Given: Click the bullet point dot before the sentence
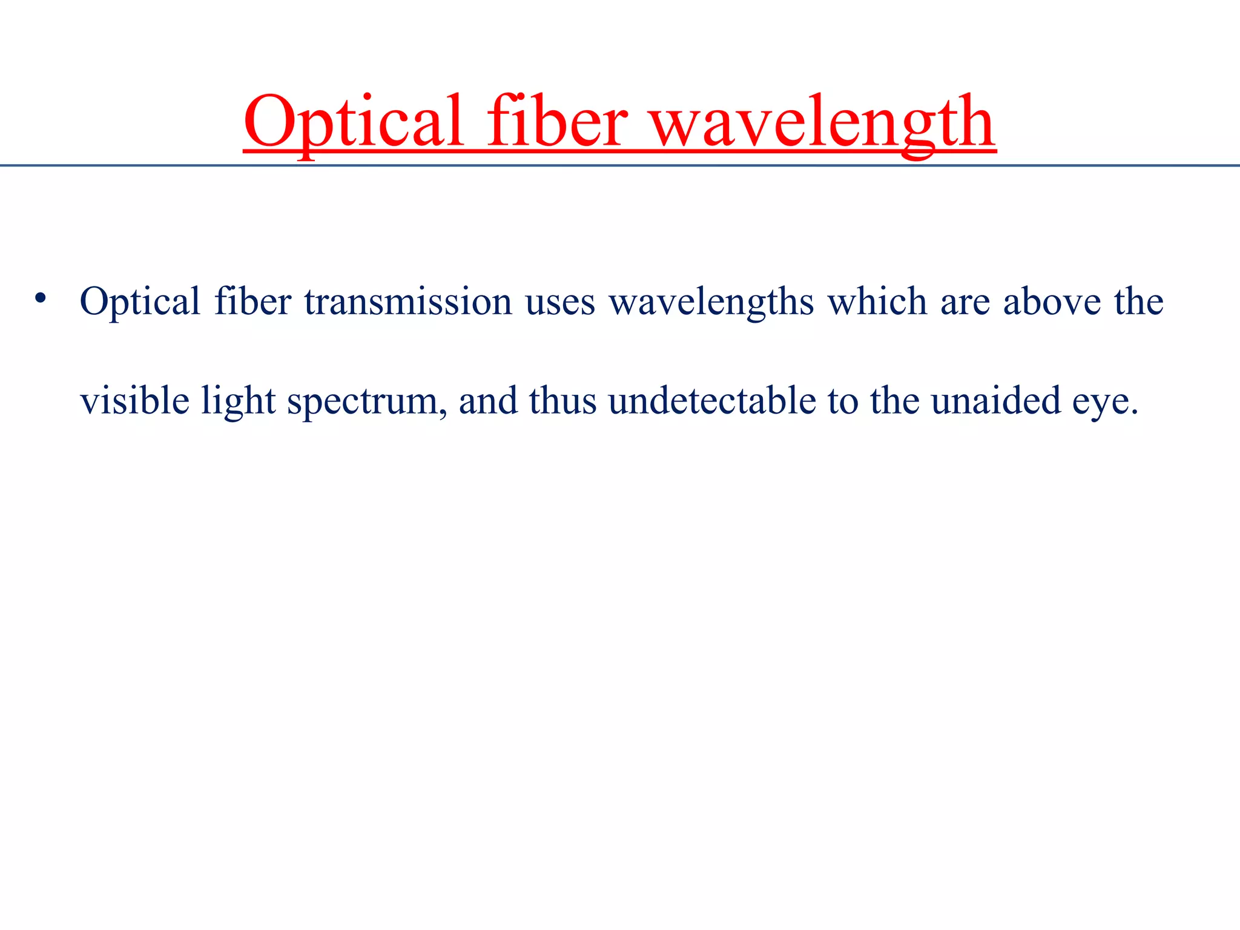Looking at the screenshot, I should click(40, 298).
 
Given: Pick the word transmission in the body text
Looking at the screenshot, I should click(407, 301).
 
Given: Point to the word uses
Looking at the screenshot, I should click(560, 302).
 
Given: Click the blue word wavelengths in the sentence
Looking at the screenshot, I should click(711, 302).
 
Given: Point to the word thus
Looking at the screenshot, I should click(562, 400).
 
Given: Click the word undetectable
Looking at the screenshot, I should click(712, 400).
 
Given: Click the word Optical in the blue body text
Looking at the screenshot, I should click(140, 301).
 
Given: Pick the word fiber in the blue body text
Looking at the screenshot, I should click(252, 301).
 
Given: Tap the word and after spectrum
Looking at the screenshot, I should click(488, 400).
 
